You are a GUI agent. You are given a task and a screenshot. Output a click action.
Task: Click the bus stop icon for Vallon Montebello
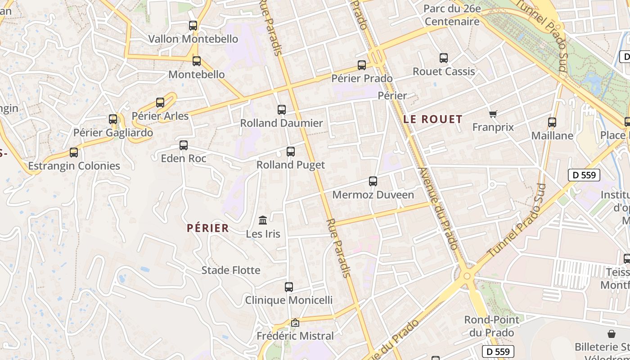[193, 26]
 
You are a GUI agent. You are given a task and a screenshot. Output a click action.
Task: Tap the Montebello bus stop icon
[197, 61]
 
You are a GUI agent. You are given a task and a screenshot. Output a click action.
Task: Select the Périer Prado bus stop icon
[362, 65]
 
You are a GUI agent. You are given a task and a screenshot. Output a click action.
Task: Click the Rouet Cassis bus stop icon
[444, 58]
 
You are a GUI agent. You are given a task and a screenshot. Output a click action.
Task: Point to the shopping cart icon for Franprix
[493, 114]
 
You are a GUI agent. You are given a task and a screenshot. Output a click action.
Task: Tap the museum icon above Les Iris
[263, 220]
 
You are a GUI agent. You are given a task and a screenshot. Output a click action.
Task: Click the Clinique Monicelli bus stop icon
[289, 287]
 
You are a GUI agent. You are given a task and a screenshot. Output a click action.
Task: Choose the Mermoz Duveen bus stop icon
[373, 181]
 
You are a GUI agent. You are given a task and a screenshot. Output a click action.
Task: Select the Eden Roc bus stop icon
[184, 145]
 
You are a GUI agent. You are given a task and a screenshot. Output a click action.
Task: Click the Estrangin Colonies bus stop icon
[74, 153]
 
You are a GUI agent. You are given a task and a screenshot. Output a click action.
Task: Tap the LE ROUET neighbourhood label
[433, 119]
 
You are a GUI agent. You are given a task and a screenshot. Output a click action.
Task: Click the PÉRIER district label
[208, 228]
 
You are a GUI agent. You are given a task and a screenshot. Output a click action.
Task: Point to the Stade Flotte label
[231, 270]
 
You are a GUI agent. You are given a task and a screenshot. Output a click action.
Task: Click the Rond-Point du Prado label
[491, 326]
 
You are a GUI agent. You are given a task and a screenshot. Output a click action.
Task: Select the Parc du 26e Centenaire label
[452, 15]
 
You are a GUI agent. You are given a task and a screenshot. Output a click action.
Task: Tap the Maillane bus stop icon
[552, 122]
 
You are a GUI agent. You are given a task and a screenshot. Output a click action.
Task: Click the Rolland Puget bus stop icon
[291, 152]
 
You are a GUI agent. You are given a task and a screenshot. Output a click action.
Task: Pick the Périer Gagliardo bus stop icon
[113, 119]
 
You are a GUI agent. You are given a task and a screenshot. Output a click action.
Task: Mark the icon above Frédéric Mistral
[295, 323]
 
